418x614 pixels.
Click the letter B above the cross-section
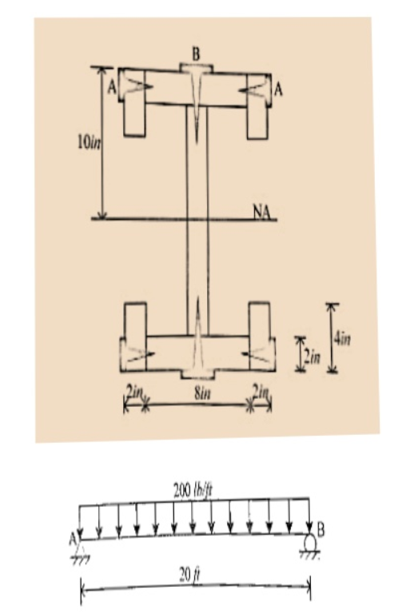196,54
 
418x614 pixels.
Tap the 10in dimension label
89,143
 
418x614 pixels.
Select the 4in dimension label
342,337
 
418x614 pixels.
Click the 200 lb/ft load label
193,490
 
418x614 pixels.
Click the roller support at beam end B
310,544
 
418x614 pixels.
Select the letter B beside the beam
320,530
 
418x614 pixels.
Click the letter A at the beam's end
73,540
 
